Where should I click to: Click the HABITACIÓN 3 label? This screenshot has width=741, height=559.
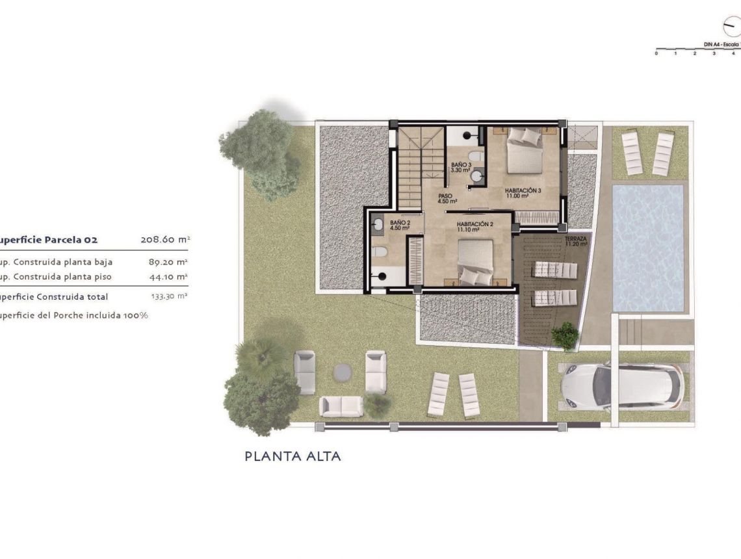tap(523, 192)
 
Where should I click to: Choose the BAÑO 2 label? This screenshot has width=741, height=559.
tap(400, 225)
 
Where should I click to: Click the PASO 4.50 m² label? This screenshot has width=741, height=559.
tap(447, 198)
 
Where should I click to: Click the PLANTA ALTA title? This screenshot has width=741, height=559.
tap(292, 456)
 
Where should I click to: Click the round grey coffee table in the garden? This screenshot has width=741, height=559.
tap(343, 372)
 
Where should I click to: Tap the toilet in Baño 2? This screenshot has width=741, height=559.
tap(380, 252)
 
